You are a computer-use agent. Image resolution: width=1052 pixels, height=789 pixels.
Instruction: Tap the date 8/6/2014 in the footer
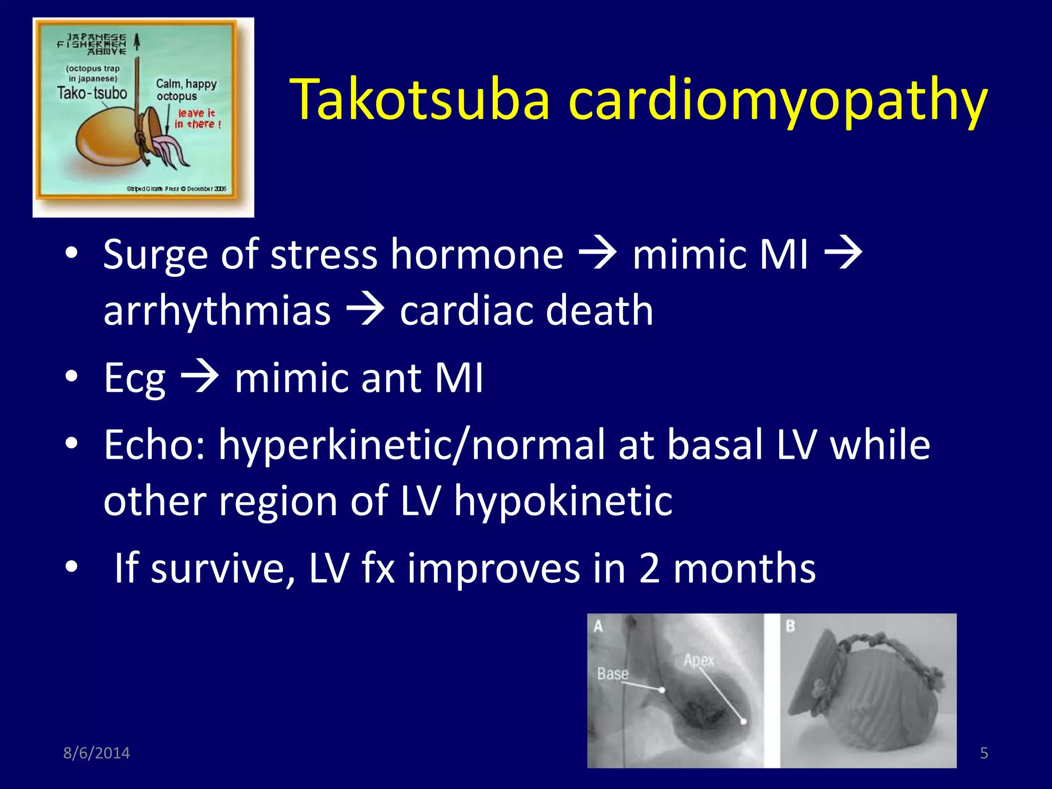(x=97, y=753)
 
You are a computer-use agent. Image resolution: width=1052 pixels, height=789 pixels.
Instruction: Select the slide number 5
(x=984, y=753)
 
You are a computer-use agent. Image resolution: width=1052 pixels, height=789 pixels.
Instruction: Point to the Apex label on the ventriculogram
(x=699, y=660)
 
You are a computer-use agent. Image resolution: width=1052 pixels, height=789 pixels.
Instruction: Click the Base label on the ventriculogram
(x=612, y=673)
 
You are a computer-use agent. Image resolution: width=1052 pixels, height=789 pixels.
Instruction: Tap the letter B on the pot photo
(x=791, y=626)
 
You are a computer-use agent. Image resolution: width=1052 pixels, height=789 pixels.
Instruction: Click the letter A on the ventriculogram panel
(x=598, y=626)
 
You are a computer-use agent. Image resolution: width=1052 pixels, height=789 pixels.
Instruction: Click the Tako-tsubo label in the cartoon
(x=92, y=93)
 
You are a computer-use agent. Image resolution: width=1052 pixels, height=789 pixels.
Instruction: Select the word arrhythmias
(x=217, y=311)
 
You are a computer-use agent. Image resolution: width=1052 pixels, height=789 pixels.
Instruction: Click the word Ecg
(x=135, y=378)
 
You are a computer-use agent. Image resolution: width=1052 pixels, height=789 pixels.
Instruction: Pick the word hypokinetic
(x=563, y=501)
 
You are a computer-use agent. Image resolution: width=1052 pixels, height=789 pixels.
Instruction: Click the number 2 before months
(x=649, y=568)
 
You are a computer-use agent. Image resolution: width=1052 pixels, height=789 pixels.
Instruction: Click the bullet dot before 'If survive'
(x=72, y=567)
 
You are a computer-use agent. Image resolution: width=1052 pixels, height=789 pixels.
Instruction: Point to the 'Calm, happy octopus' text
(x=186, y=90)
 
